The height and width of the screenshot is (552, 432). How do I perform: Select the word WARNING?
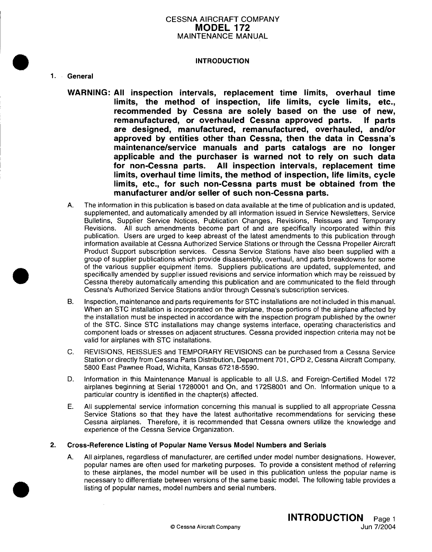click(89, 93)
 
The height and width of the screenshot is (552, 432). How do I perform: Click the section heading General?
click(80, 76)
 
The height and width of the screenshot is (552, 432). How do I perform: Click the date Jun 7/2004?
click(379, 527)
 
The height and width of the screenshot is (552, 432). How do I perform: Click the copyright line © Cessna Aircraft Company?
click(205, 527)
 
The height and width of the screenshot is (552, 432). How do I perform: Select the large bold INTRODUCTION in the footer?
click(325, 518)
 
